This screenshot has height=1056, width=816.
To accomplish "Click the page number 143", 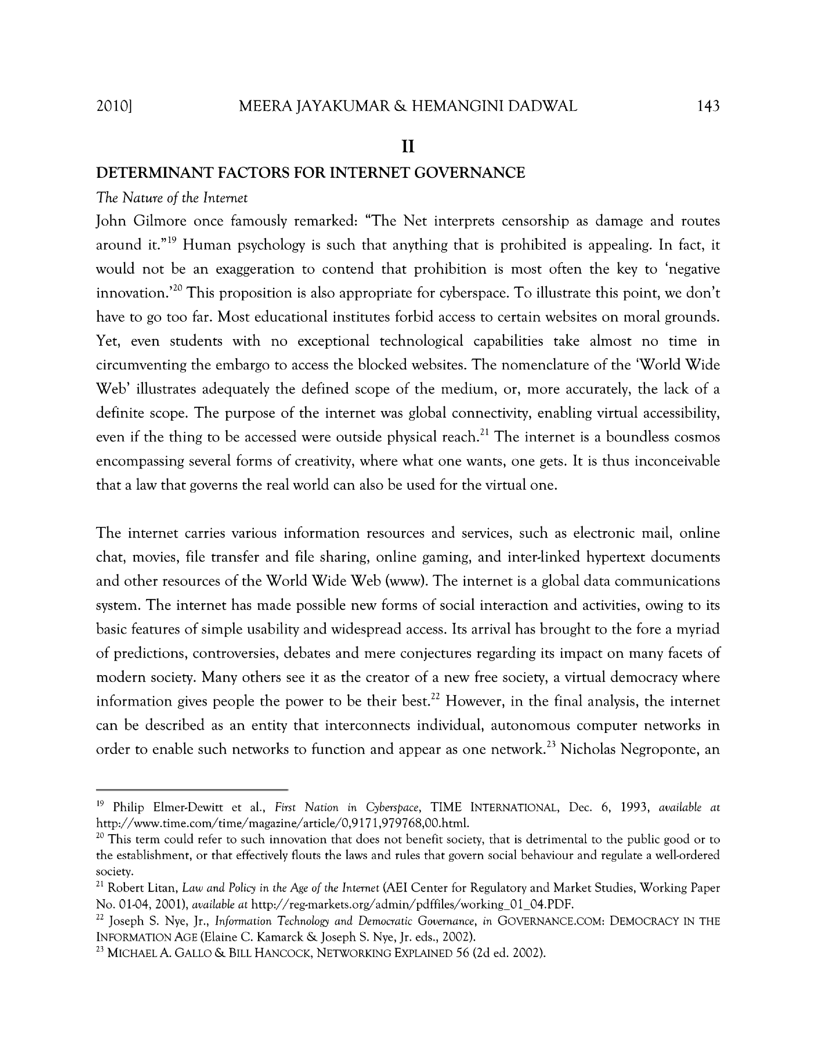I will coord(708,106).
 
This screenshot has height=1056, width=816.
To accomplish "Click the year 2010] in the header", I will coord(115,106).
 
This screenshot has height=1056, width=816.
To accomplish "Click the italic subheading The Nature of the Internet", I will coord(172,198).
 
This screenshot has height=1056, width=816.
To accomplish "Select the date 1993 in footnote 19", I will coord(632,807).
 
